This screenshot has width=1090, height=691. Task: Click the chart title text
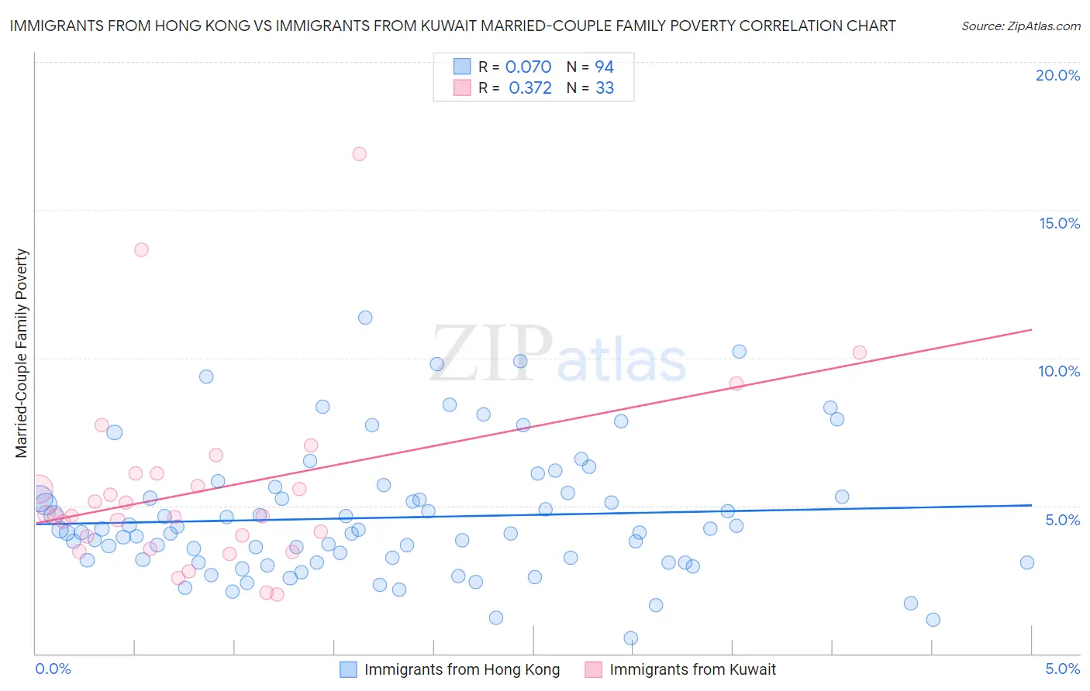click(x=452, y=26)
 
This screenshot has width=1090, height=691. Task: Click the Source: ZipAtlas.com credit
click(x=1020, y=26)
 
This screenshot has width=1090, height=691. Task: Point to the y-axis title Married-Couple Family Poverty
click(x=22, y=352)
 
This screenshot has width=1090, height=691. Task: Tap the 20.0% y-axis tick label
click(x=1057, y=75)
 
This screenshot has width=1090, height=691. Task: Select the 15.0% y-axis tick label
click(x=1059, y=223)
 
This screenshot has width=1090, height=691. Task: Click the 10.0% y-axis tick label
click(x=1059, y=371)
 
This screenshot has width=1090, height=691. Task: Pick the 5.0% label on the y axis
click(x=1062, y=520)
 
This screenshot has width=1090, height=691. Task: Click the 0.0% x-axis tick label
click(x=53, y=669)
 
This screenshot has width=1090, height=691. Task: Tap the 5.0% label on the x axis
click(x=1062, y=669)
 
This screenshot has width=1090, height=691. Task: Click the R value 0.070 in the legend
click(x=528, y=67)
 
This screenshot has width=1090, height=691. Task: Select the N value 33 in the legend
click(x=604, y=88)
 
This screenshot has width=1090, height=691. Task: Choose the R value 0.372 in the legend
click(x=529, y=88)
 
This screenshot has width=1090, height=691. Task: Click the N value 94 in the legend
click(x=604, y=67)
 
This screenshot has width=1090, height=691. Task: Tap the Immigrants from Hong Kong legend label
click(x=461, y=669)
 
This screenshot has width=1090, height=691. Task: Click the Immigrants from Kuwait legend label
click(x=692, y=669)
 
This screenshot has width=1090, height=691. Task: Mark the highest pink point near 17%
click(x=359, y=154)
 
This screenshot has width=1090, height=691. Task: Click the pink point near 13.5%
click(x=141, y=249)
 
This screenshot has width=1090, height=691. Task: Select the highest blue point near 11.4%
click(x=365, y=318)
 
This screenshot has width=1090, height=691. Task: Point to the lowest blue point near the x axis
click(x=631, y=638)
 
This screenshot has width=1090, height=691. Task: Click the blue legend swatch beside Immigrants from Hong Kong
click(x=349, y=669)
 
